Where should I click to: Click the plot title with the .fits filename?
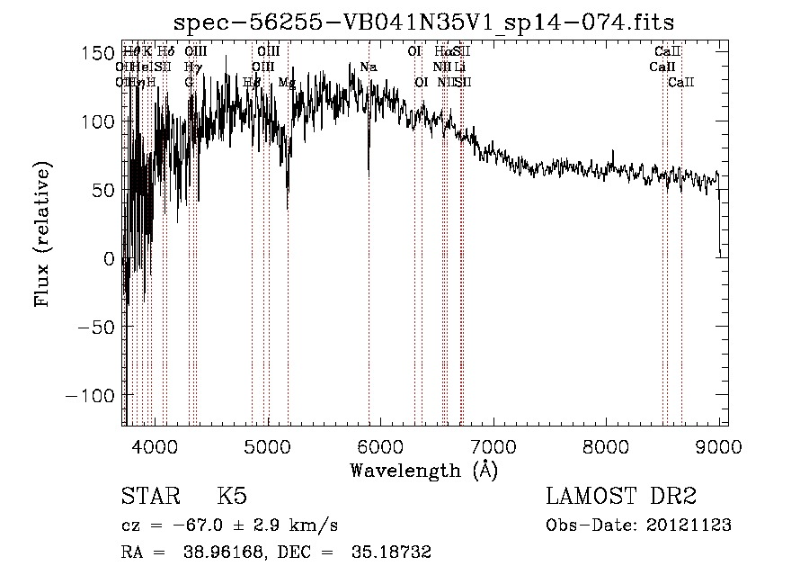tap(423, 22)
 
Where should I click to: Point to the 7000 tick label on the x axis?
tap(493, 445)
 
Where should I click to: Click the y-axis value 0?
tap(109, 258)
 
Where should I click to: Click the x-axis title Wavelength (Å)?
tap(423, 470)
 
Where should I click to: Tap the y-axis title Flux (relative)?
tap(43, 234)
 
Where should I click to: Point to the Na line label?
tap(368, 67)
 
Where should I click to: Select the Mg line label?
tap(287, 82)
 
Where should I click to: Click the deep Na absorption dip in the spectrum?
tap(369, 166)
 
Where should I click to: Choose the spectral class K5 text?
tap(232, 497)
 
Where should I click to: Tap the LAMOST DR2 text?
tap(620, 497)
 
